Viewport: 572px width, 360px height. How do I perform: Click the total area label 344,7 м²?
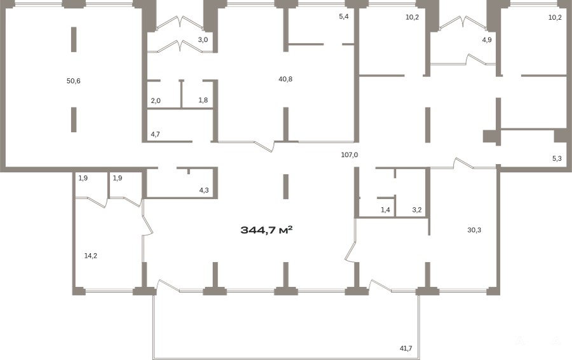tap(267, 230)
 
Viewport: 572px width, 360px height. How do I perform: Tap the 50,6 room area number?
tap(73, 81)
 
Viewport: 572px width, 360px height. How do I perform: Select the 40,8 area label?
tap(285, 80)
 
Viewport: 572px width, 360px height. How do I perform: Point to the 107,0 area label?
tap(350, 155)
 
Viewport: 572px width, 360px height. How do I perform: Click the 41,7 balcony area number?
tap(405, 349)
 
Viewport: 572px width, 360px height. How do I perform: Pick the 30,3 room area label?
tap(474, 230)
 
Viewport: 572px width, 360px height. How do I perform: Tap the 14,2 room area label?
tap(90, 256)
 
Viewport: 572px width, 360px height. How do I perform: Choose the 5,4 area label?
tap(344, 17)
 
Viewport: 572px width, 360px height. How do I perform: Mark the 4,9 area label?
tap(487, 40)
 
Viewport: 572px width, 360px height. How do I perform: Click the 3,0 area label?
tap(203, 40)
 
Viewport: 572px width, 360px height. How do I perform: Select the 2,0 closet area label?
tap(156, 100)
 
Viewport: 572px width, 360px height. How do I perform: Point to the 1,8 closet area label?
tap(203, 100)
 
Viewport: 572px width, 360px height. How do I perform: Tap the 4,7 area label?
tap(156, 134)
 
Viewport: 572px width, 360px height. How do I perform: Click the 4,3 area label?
tap(204, 190)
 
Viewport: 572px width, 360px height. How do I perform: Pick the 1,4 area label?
tap(385, 210)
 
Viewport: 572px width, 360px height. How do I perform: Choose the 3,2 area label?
tap(417, 210)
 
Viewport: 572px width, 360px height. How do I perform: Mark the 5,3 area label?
tap(557, 159)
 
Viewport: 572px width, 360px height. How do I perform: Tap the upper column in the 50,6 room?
tap(74, 39)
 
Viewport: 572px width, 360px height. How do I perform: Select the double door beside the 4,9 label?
tap(463, 22)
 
